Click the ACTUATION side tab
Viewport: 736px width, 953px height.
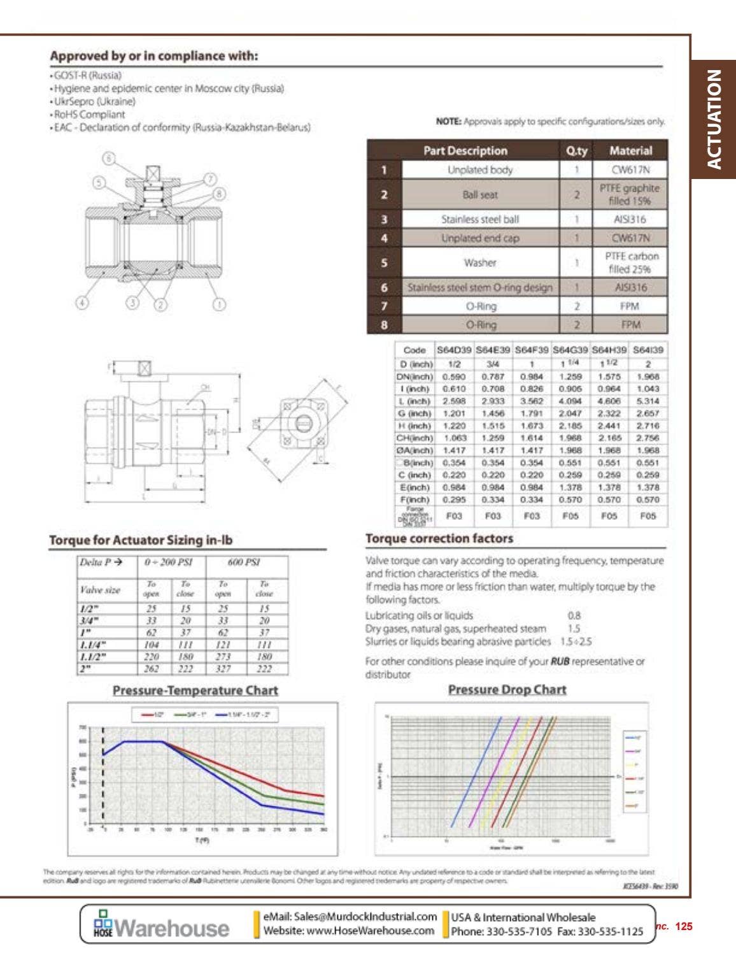click(x=714, y=119)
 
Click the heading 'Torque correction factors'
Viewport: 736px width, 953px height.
click(x=439, y=538)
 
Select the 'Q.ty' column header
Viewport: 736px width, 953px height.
click(x=576, y=151)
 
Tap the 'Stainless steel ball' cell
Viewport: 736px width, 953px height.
click(x=480, y=219)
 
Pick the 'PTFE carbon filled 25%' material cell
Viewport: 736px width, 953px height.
click(x=630, y=262)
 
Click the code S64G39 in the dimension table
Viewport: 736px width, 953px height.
click(x=570, y=350)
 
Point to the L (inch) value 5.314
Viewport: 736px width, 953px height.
click(x=648, y=401)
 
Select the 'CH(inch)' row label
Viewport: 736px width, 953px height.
click(x=414, y=438)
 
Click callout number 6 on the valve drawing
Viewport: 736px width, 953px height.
click(x=110, y=158)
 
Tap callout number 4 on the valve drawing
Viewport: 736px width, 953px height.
click(x=82, y=303)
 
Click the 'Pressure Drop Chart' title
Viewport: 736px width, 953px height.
click(x=507, y=689)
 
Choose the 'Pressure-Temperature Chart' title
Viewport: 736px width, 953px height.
click(x=195, y=691)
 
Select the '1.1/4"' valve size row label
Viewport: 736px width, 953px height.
click(x=93, y=645)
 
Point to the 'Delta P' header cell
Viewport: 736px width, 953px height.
click(x=101, y=562)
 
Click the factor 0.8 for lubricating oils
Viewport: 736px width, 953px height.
click(x=574, y=615)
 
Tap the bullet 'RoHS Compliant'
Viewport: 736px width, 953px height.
click(x=89, y=115)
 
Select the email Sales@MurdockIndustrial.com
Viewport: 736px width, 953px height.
click(x=350, y=917)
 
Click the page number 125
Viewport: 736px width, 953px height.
click(x=683, y=926)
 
